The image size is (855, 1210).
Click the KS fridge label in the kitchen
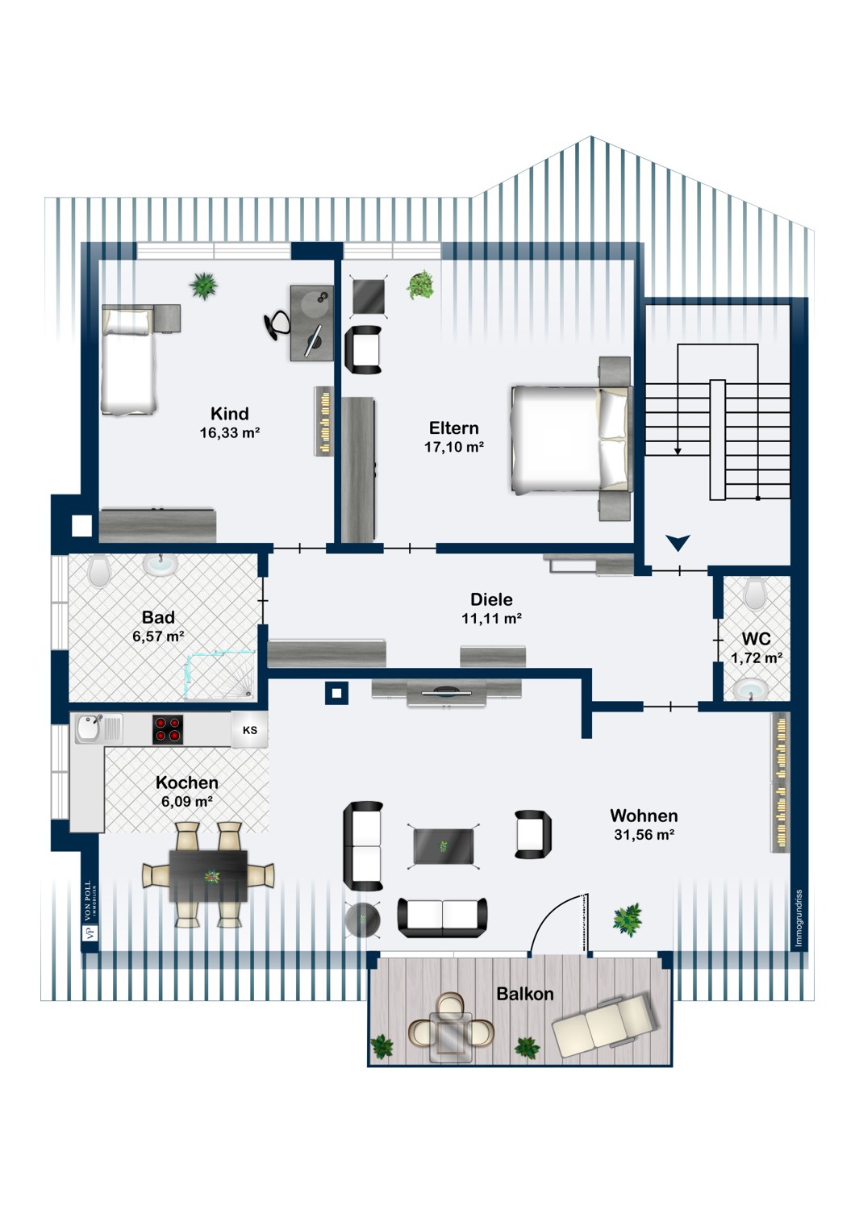pyautogui.click(x=250, y=730)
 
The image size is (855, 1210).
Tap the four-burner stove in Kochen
pyautogui.click(x=168, y=729)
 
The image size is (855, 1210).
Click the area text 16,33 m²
pyautogui.click(x=230, y=433)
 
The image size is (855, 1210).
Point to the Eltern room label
pyautogui.click(x=453, y=428)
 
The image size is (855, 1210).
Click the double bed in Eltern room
pyautogui.click(x=569, y=439)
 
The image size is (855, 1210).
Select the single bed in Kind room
pyautogui.click(x=127, y=360)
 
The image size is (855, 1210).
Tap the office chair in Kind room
pyautogui.click(x=277, y=324)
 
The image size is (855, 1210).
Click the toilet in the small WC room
pyautogui.click(x=756, y=594)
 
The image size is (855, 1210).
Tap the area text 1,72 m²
pyautogui.click(x=756, y=658)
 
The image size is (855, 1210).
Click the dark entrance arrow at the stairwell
pyautogui.click(x=678, y=543)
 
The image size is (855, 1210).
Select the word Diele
pyautogui.click(x=491, y=599)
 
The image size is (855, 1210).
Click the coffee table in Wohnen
pyautogui.click(x=443, y=845)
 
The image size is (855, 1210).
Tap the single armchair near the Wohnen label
pyautogui.click(x=533, y=834)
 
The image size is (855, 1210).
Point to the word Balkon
pyautogui.click(x=525, y=994)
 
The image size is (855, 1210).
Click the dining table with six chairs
pyautogui.click(x=208, y=875)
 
